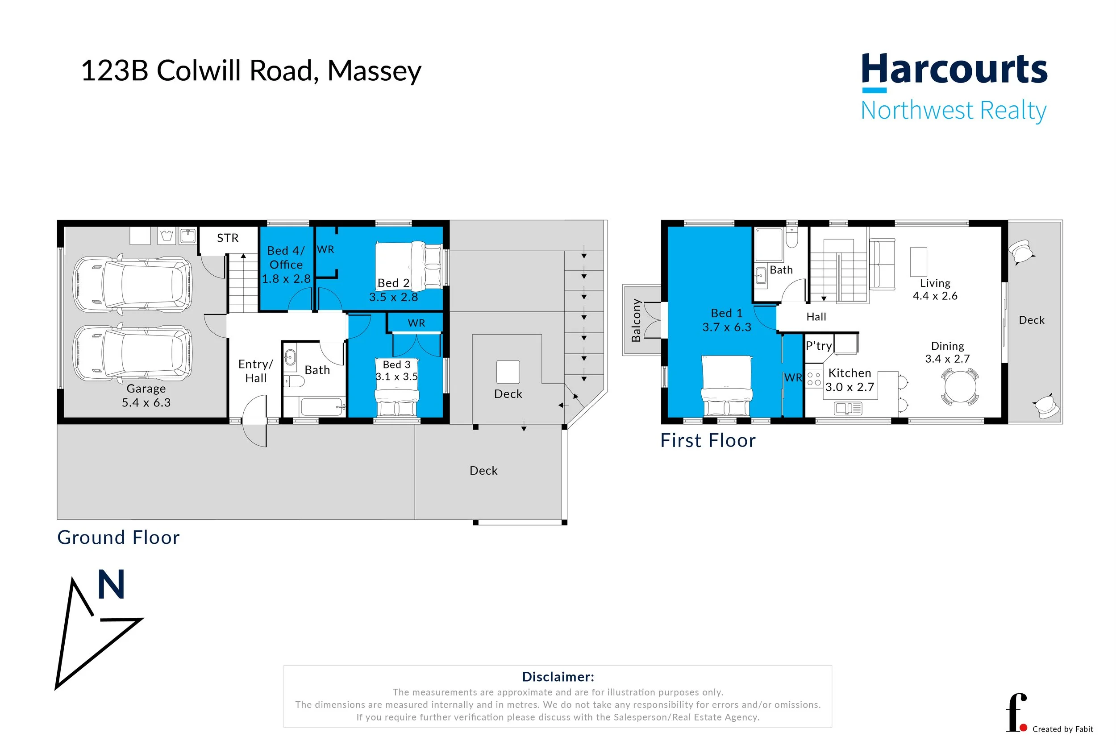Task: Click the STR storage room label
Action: click(x=228, y=238)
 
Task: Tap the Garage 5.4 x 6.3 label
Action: click(x=146, y=395)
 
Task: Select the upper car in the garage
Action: click(x=133, y=285)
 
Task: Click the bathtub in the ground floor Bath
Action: click(x=322, y=407)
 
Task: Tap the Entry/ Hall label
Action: click(x=255, y=371)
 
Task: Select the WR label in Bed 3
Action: click(x=416, y=323)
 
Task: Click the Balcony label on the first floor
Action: click(x=636, y=320)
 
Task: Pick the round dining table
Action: click(x=960, y=387)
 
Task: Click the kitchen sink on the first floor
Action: click(x=848, y=408)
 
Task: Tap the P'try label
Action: click(x=818, y=346)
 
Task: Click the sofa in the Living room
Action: click(x=882, y=264)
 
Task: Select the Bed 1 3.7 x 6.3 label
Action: click(x=726, y=320)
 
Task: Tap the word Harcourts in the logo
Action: click(x=954, y=70)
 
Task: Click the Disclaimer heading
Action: click(x=558, y=677)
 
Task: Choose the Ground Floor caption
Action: click(x=118, y=538)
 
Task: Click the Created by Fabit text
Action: click(x=1062, y=729)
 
